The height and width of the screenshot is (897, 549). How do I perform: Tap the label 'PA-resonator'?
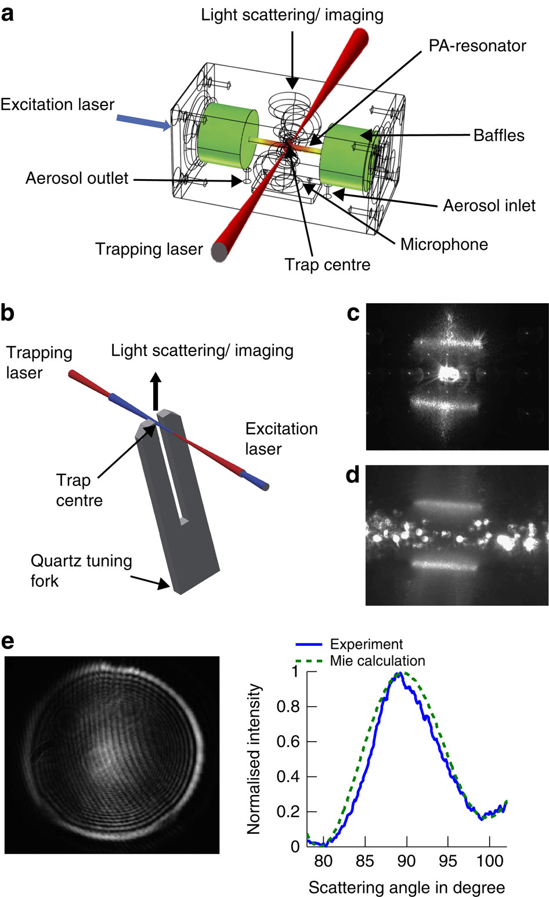[x=477, y=46]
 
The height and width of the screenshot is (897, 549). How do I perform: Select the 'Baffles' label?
[x=499, y=136]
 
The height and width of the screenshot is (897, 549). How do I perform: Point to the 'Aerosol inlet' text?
[x=489, y=205]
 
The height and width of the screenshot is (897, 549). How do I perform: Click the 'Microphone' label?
[x=444, y=244]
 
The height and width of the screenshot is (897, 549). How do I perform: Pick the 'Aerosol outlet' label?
[x=77, y=178]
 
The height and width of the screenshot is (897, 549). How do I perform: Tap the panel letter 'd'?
[x=352, y=475]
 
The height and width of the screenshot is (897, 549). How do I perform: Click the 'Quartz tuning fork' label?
[x=81, y=571]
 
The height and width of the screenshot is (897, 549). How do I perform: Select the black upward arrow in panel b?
[x=156, y=391]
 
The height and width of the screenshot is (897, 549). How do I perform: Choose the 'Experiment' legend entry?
[x=366, y=644]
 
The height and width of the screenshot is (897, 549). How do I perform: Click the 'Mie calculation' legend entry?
[x=377, y=660]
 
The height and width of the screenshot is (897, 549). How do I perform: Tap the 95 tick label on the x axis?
[x=448, y=861]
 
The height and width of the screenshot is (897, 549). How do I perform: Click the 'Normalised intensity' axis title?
[x=254, y=759]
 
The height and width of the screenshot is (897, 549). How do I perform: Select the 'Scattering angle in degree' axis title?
[x=406, y=887]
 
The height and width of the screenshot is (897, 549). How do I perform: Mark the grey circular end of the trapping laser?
[x=219, y=253]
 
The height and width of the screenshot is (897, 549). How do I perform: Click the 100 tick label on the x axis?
[x=490, y=861]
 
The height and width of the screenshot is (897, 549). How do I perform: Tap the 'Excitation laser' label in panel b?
[x=281, y=438]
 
